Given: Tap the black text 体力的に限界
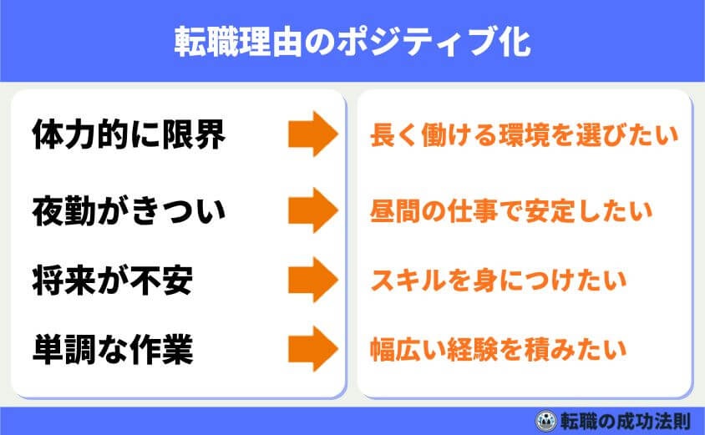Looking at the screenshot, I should pos(129,135).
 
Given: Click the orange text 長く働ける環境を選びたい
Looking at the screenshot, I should pos(524,135).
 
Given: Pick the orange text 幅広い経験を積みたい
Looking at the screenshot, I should pos(498,348).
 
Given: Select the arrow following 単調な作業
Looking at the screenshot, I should pos(312,348).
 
